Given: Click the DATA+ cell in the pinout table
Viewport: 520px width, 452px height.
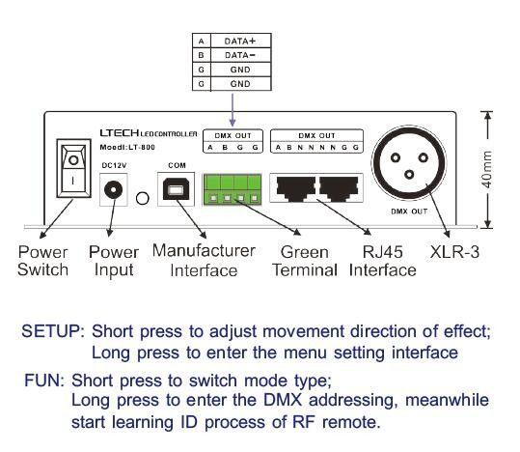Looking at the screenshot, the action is (241, 41).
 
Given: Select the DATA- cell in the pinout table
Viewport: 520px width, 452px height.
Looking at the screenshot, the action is (241, 55).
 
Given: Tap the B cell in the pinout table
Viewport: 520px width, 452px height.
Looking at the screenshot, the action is (201, 55).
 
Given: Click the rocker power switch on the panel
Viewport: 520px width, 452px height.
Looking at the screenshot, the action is (73, 168).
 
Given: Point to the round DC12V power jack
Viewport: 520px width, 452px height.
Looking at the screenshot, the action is (113, 190).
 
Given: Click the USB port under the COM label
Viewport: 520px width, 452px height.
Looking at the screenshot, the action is (176, 190).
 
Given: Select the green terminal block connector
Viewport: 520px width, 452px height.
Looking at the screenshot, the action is (233, 189).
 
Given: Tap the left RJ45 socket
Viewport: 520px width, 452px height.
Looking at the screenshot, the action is (295, 188).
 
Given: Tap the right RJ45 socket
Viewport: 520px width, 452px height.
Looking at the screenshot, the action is (339, 188).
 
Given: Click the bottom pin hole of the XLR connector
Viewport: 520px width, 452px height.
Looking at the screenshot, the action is (409, 175).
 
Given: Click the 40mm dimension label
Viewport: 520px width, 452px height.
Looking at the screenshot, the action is (487, 169).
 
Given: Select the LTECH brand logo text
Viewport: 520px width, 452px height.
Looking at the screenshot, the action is (120, 133).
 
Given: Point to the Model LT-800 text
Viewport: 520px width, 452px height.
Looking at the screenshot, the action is (127, 147).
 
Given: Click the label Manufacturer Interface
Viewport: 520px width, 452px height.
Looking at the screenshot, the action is (204, 261).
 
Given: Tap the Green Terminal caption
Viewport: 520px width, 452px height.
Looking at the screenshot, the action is (305, 261).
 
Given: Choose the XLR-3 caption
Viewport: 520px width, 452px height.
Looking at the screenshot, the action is (454, 252).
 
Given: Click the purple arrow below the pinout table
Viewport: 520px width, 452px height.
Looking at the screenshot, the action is (233, 109).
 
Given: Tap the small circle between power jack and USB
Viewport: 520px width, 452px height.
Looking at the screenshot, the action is (143, 198).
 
